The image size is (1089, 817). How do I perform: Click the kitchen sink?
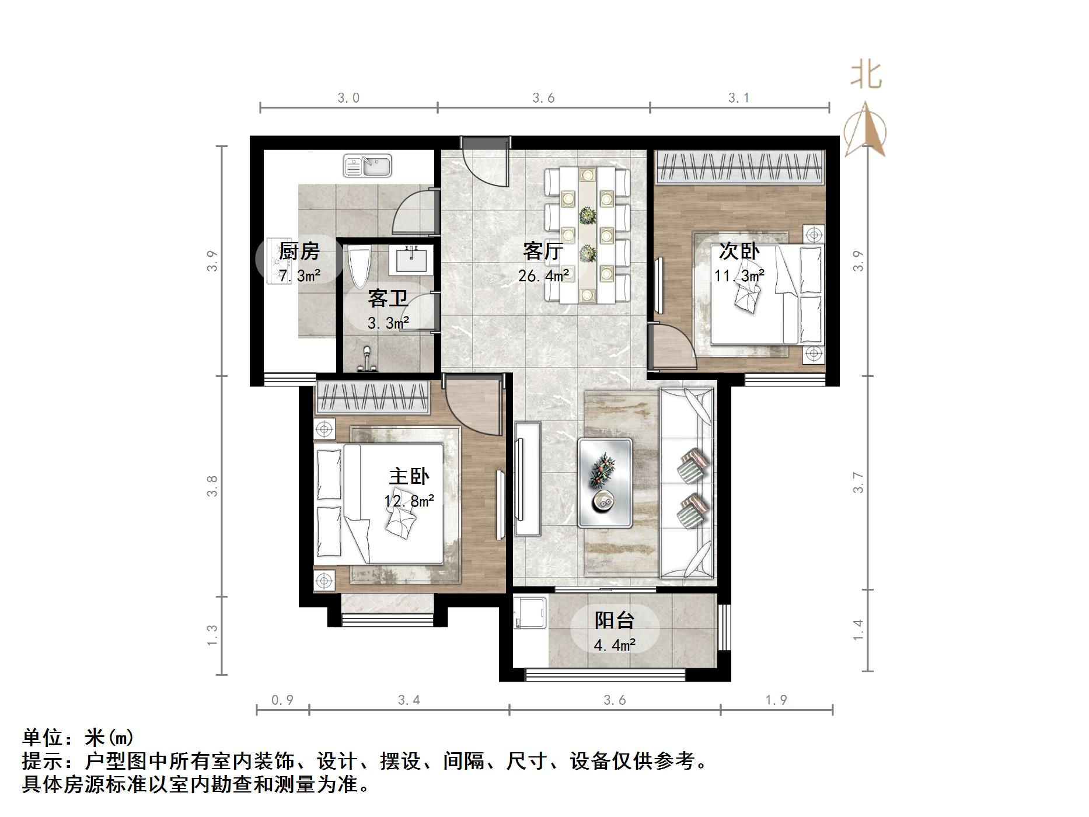[367, 166]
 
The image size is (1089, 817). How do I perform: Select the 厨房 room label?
[299, 252]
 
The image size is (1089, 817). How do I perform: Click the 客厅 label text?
[543, 252]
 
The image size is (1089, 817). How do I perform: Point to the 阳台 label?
[614, 620]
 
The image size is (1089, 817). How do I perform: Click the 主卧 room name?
[409, 477]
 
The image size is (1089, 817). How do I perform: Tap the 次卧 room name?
[739, 252]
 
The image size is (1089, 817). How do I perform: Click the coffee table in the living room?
[605, 483]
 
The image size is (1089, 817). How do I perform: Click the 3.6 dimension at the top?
[543, 98]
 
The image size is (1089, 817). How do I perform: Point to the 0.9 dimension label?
[282, 700]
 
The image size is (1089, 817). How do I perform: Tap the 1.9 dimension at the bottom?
[776, 700]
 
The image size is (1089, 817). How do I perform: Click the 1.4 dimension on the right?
[858, 630]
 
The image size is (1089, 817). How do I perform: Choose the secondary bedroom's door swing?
[674, 348]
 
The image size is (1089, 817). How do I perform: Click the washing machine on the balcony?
[530, 612]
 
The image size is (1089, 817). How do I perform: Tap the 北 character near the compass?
[866, 76]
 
